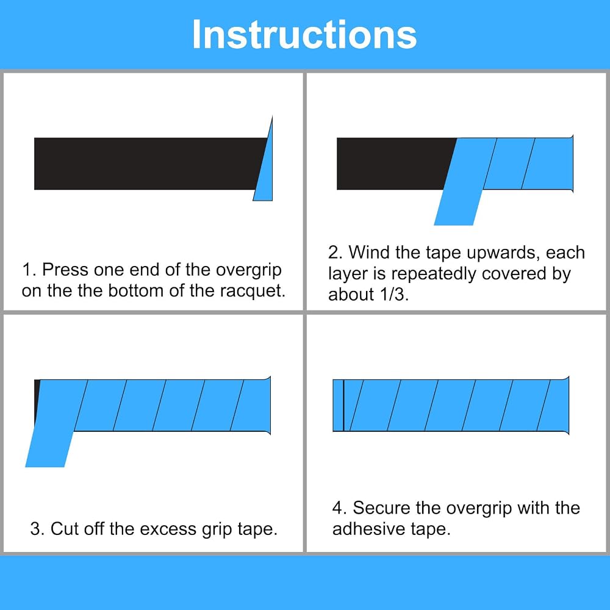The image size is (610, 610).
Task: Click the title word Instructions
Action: coord(304,35)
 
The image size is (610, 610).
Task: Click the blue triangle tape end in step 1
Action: coord(266,171)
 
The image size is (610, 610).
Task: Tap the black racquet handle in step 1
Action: coord(148,163)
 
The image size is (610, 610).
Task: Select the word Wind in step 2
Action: coord(369,253)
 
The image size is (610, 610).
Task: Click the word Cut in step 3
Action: coord(65,529)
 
